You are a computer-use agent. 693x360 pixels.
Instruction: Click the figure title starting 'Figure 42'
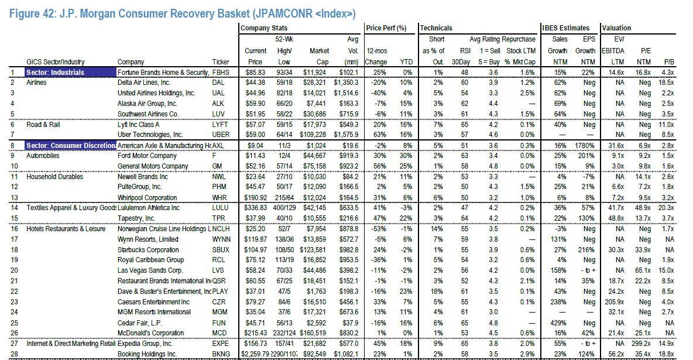[x=181, y=13]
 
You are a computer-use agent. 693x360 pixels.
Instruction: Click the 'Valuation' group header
[x=616, y=28]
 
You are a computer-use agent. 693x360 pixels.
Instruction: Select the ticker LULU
[x=220, y=207]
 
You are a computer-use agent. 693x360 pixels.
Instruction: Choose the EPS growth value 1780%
[x=584, y=145]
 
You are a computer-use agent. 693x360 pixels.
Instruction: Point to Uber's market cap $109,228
[x=315, y=135]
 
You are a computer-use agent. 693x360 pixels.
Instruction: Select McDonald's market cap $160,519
[x=315, y=334]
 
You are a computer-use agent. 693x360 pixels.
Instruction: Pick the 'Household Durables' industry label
[x=55, y=176]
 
